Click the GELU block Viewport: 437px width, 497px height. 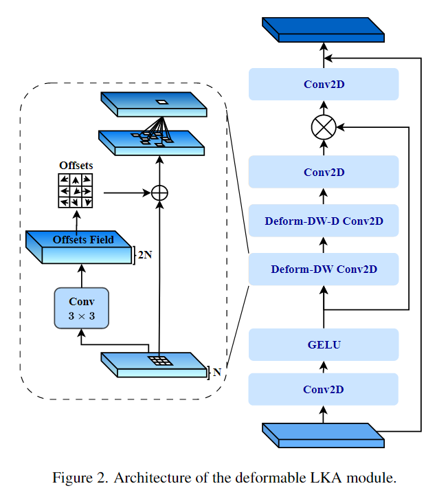323,344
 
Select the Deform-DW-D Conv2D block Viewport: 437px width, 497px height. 323,221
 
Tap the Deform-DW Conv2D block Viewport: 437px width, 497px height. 323,269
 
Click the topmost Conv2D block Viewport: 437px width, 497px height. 323,85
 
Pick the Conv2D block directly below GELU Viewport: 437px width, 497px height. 323,390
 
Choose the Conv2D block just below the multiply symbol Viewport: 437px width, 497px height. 323,173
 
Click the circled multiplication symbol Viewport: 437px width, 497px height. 323,127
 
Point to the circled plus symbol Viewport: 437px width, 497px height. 159,192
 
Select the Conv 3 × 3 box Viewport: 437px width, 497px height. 81,308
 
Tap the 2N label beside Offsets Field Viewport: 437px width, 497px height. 144,254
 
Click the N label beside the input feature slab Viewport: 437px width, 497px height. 217,372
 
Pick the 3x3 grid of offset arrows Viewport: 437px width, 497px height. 76,190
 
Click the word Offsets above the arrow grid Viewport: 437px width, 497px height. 76,166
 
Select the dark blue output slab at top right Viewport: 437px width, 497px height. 323,30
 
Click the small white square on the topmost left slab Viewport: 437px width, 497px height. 161,102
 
